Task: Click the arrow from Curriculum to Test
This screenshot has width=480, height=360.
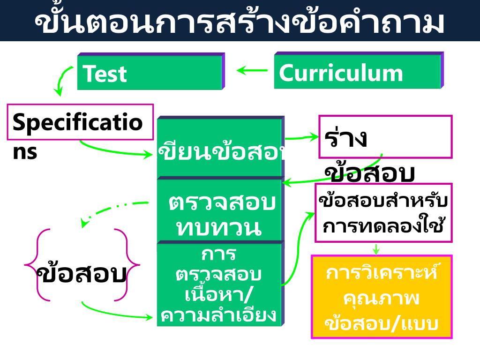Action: [252, 71]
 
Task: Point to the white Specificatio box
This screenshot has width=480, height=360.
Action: [80, 122]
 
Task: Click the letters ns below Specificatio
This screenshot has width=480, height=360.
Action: [24, 152]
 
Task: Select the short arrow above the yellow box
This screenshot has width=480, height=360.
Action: [376, 249]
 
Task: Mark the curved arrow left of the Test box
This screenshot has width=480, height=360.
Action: [63, 80]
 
